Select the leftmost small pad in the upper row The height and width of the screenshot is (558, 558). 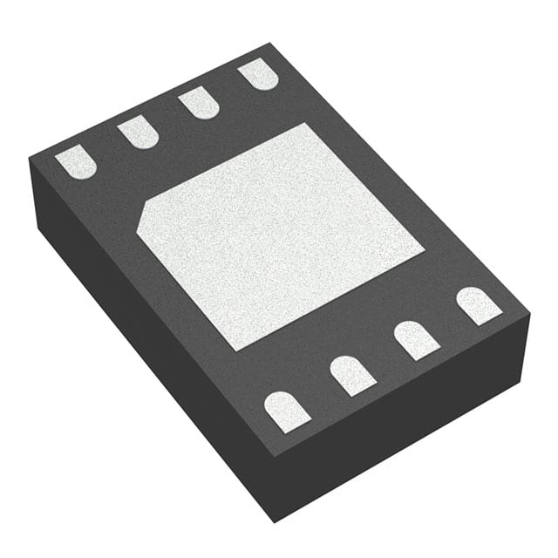(x=76, y=162)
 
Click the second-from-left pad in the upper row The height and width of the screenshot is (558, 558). (x=138, y=132)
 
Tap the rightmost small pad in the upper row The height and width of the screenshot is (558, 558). (x=258, y=74)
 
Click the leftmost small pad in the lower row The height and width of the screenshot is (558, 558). (x=287, y=410)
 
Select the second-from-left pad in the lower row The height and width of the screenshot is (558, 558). (x=352, y=374)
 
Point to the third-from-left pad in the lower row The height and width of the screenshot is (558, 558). (x=416, y=339)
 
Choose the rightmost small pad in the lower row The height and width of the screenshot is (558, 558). (x=479, y=305)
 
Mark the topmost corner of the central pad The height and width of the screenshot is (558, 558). (x=304, y=124)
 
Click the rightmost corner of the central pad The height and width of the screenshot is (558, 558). (x=424, y=252)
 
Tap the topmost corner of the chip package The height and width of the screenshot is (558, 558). (x=269, y=43)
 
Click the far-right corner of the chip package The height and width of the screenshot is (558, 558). (x=529, y=309)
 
